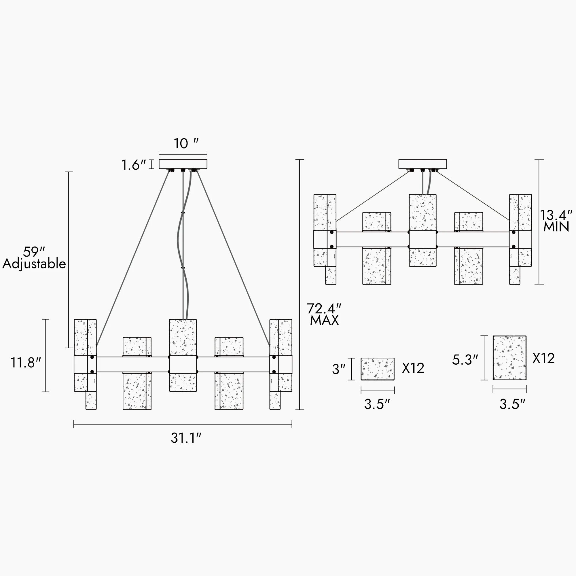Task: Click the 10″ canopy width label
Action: point(186,144)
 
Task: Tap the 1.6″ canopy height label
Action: point(134,165)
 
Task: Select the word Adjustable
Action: point(34,264)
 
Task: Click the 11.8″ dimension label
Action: point(26,363)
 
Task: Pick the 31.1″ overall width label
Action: point(186,438)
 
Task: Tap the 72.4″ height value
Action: point(324,308)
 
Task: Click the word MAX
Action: point(324,321)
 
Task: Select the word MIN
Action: point(556,227)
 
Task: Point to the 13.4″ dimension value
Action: point(556,215)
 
